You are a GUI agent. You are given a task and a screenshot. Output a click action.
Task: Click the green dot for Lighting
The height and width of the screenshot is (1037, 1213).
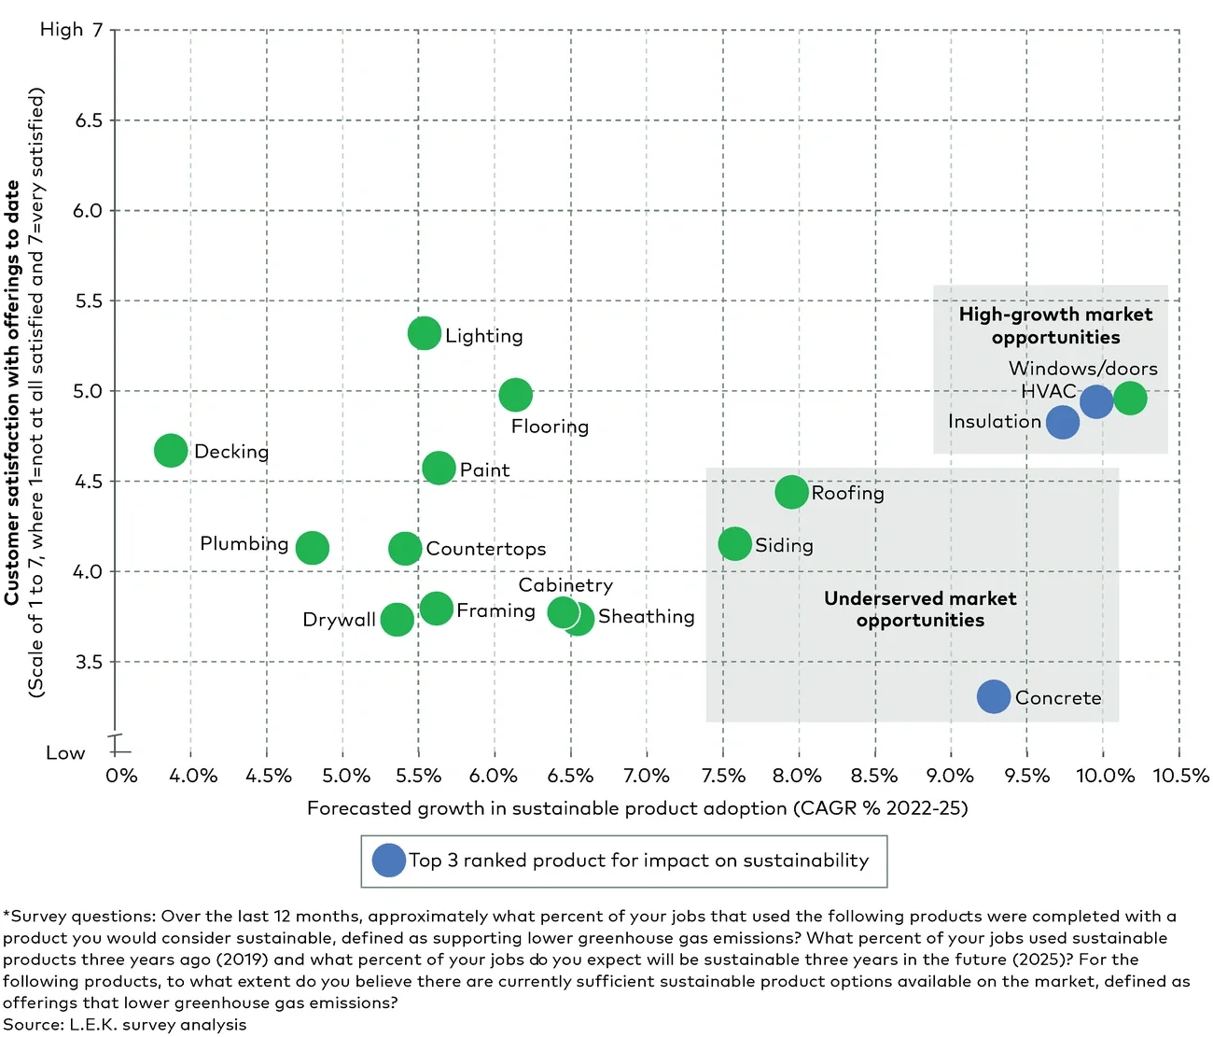425,333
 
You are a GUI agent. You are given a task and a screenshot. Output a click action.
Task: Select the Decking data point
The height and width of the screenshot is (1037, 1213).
171,451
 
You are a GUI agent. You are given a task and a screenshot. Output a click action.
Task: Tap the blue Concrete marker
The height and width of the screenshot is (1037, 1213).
994,696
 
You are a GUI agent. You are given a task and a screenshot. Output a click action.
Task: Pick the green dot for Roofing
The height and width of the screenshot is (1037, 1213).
792,492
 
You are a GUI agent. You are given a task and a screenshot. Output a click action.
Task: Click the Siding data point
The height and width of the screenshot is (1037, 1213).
735,544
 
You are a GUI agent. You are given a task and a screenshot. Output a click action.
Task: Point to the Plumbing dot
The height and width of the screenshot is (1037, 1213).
313,548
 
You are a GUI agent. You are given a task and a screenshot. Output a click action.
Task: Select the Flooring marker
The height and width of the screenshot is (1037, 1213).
515,395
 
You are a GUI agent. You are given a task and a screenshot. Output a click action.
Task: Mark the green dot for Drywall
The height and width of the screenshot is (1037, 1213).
397,619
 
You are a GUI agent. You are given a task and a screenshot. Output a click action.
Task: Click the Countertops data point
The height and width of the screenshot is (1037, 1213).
405,548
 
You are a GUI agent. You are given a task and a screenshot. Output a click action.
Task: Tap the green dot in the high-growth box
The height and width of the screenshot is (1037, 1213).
1130,399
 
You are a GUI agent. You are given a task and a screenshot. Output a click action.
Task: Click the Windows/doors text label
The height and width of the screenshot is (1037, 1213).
1082,369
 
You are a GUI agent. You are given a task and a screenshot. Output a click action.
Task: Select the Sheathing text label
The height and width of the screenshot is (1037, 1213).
646,617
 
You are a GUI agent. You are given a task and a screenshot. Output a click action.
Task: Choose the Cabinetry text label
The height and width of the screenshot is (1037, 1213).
565,585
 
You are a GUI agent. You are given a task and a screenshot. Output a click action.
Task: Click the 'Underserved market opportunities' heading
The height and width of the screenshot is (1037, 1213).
920,610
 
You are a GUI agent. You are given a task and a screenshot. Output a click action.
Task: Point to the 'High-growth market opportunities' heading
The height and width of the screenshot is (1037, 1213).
1055,326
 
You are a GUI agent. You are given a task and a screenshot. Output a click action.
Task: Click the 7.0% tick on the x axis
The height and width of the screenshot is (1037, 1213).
647,776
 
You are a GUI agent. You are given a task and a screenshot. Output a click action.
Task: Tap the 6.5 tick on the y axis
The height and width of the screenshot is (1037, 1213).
90,120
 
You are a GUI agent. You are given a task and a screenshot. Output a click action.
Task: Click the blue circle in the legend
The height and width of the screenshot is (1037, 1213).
389,861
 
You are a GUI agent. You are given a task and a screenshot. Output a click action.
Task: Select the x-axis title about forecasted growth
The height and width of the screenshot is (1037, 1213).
637,808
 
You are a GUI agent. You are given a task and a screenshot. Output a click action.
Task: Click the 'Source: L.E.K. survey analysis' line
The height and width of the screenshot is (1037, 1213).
125,1025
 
